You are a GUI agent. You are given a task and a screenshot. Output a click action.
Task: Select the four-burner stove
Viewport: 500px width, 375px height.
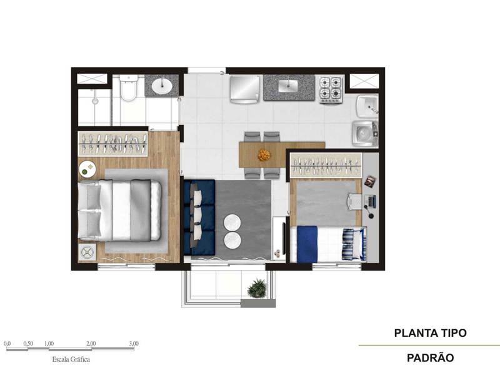tap(331, 89)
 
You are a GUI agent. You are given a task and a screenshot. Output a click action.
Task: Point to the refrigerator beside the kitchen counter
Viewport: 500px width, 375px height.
tap(244, 88)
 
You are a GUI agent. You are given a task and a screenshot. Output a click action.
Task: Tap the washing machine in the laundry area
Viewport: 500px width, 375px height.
tap(364, 133)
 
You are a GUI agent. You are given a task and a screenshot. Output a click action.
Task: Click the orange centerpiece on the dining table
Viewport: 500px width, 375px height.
tap(265, 153)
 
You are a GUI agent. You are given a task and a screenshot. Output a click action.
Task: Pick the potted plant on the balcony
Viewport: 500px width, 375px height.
tap(256, 289)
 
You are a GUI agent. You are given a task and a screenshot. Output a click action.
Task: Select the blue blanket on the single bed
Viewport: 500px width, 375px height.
tap(307, 244)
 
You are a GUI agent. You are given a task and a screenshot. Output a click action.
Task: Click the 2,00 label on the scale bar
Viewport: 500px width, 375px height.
tap(91, 344)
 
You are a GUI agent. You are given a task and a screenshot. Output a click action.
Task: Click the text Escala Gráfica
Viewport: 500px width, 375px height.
tap(70, 360)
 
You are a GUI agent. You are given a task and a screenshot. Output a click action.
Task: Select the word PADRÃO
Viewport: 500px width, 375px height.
tap(430, 359)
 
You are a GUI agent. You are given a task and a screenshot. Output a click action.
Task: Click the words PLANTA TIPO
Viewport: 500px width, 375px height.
tap(430, 333)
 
